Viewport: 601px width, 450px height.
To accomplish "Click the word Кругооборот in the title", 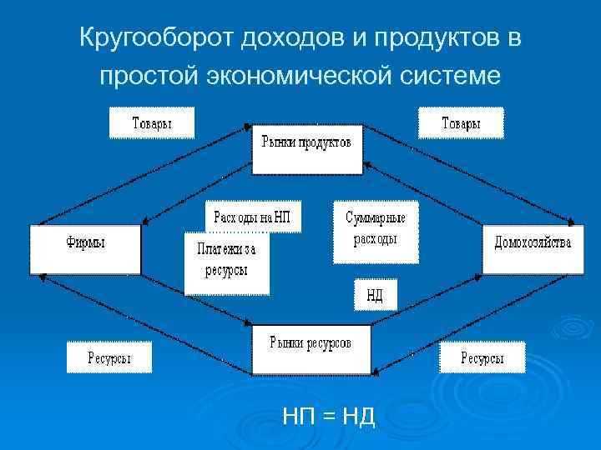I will tap(157, 37).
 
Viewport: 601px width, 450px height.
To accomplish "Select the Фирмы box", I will tap(86, 248).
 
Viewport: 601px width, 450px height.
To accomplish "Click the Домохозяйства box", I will tap(533, 248).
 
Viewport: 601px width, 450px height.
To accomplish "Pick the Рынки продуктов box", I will tap(307, 149).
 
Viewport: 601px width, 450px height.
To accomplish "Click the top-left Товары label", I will tap(152, 123).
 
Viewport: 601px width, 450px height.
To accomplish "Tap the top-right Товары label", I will tap(461, 123).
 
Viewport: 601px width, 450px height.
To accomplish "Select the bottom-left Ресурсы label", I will tap(110, 357).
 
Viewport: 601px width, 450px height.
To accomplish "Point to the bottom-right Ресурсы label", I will tap(483, 357).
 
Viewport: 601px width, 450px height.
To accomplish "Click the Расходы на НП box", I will tap(253, 217).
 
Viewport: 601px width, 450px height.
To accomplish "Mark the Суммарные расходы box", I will tap(376, 231).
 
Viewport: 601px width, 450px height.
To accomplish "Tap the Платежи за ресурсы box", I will tap(226, 262).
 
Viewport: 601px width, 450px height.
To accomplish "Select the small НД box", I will tap(375, 295).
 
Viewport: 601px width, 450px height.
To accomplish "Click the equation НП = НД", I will tap(329, 414).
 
